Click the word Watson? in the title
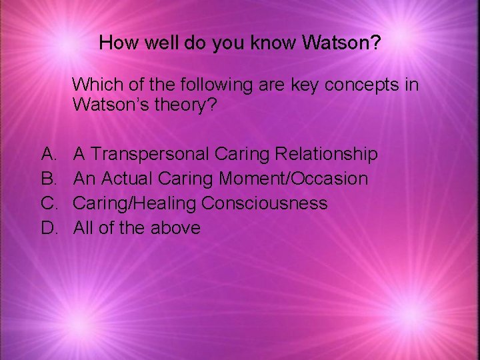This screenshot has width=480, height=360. coord(341,43)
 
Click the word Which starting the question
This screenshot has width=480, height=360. coord(94,85)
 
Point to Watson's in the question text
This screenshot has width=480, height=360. coord(111,105)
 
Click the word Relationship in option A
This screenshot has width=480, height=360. coord(327,155)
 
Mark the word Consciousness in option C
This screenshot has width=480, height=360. coord(264,203)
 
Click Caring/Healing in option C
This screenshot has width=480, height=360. coord(135,203)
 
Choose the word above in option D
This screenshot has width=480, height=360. coord(175,227)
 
